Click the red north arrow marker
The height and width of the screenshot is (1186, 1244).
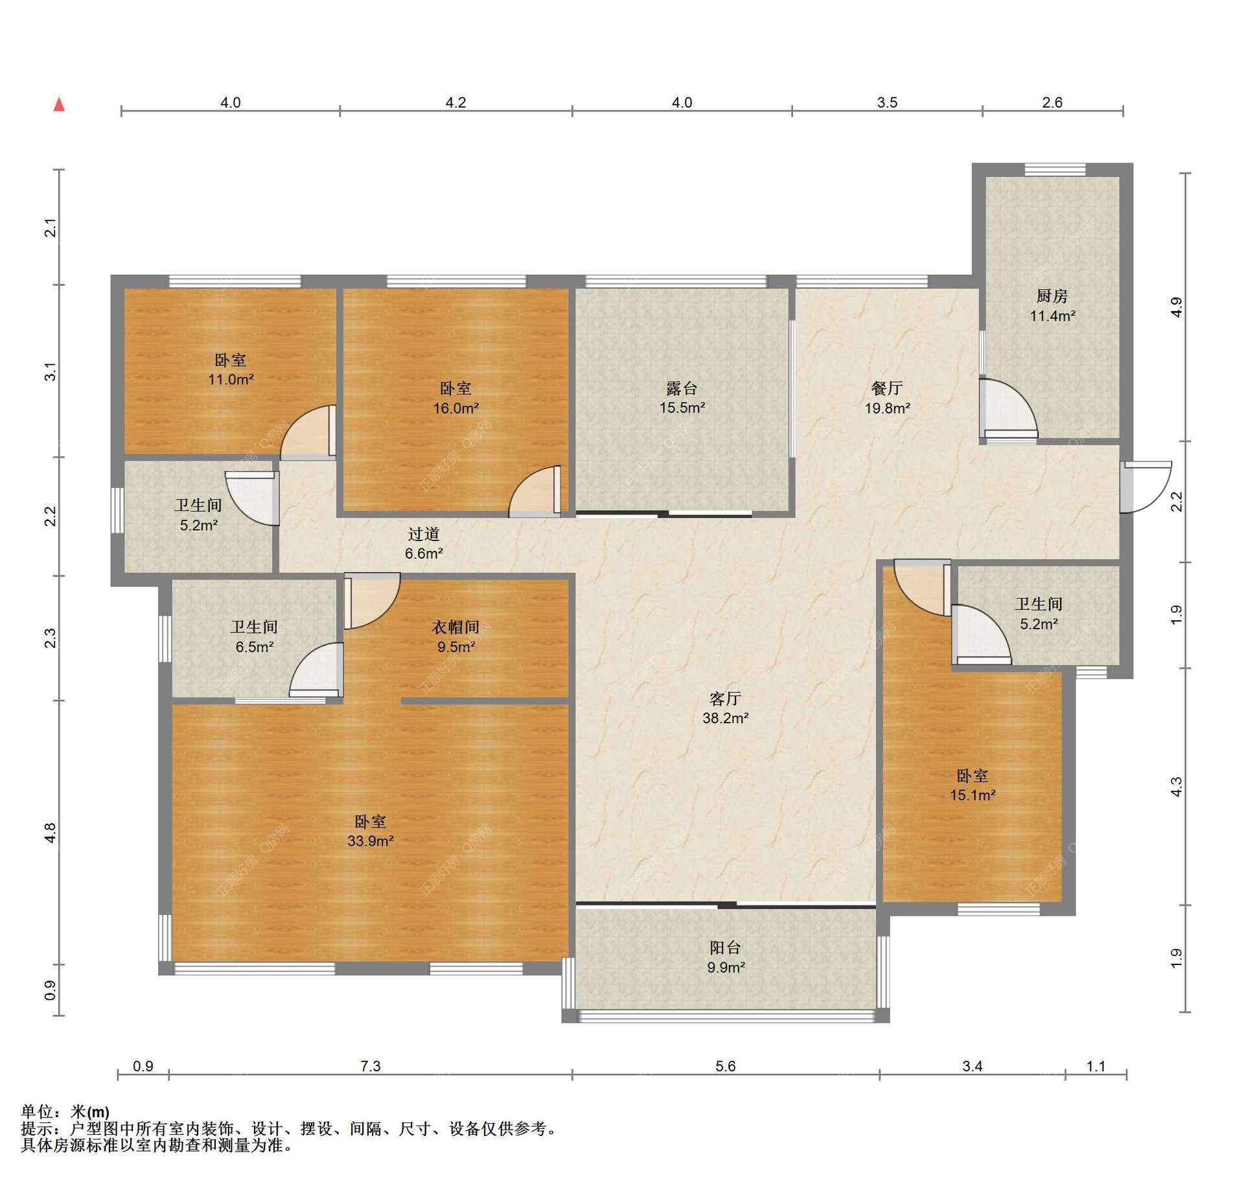click(59, 104)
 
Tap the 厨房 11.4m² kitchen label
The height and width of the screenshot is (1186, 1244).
click(1053, 306)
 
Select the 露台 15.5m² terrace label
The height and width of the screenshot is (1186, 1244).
click(682, 398)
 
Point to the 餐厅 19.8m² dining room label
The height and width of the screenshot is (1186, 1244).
click(887, 398)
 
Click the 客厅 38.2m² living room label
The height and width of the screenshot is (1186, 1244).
click(726, 708)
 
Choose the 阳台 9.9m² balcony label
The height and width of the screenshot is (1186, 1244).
click(726, 957)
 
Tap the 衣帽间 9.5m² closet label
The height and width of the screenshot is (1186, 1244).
click(455, 636)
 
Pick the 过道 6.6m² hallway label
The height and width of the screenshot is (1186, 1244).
click(424, 543)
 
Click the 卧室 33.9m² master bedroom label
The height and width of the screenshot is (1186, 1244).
click(371, 831)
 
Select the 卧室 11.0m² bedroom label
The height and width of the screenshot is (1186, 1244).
click(231, 369)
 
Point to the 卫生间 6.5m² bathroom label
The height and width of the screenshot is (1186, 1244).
click(254, 636)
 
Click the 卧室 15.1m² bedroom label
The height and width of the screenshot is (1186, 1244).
click(973, 785)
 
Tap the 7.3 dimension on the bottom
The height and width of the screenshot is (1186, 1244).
click(371, 1066)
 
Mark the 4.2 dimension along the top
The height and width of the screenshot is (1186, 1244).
click(455, 102)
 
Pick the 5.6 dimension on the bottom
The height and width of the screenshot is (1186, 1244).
click(726, 1066)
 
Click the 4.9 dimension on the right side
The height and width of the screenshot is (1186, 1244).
click(1177, 307)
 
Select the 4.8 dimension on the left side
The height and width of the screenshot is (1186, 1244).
click(50, 833)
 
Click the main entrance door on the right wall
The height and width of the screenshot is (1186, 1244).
click(1146, 486)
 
